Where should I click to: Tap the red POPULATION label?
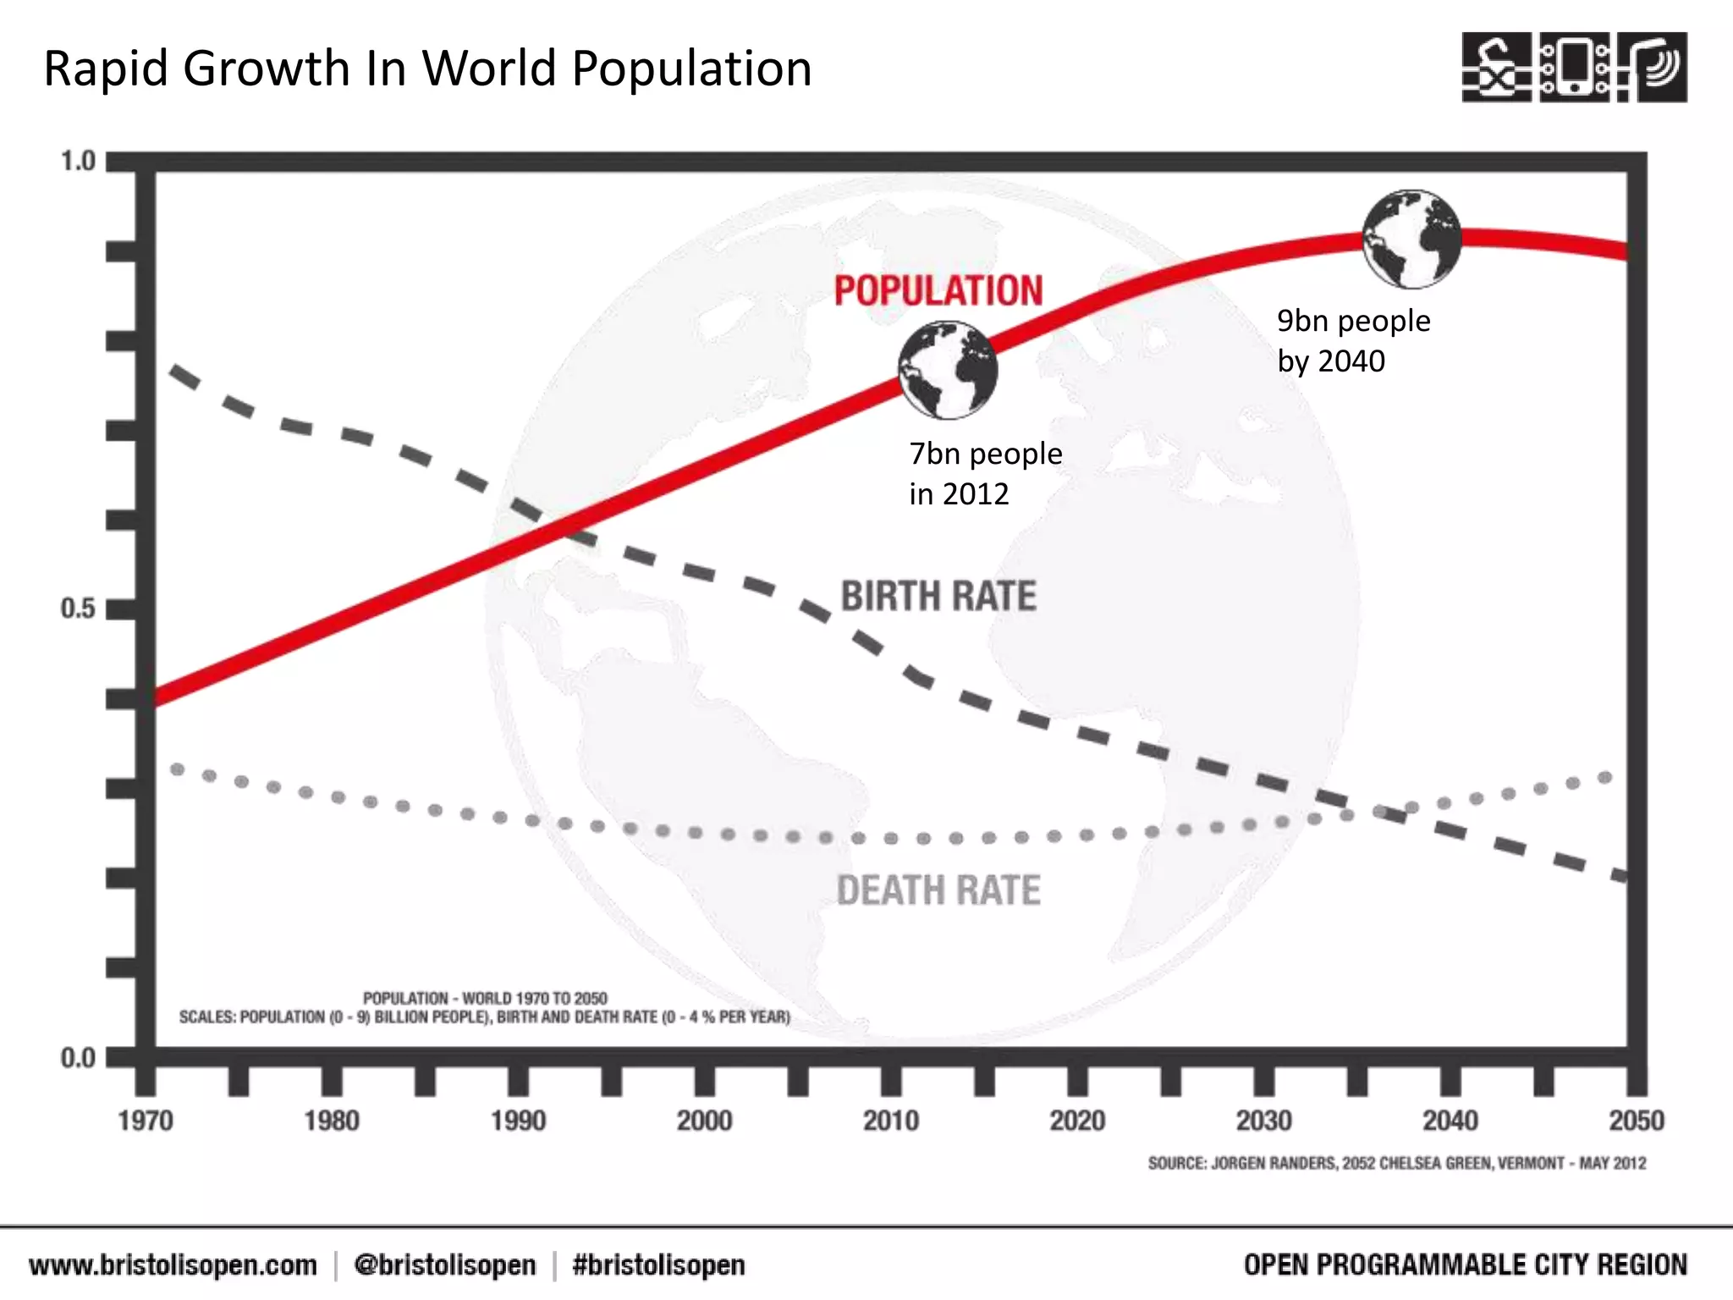click(x=938, y=290)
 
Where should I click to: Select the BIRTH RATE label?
click(x=938, y=596)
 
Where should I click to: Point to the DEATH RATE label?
click(x=938, y=890)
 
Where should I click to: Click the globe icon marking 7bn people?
click(x=948, y=370)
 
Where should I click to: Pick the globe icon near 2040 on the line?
click(x=1411, y=239)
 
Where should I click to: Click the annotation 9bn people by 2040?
click(x=1353, y=340)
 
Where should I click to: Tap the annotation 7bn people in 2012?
click(x=985, y=473)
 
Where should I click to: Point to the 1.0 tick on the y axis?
click(x=78, y=161)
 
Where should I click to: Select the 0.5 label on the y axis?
click(x=78, y=608)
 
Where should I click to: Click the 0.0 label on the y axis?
click(x=78, y=1058)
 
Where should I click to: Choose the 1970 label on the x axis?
click(x=146, y=1121)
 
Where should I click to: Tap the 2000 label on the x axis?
click(x=704, y=1121)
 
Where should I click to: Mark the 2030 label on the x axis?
click(x=1263, y=1121)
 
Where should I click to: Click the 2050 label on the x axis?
click(x=1636, y=1121)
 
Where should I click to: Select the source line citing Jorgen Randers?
click(x=1396, y=1163)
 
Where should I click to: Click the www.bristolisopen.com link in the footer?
click(x=173, y=1265)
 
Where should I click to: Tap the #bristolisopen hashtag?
click(x=658, y=1265)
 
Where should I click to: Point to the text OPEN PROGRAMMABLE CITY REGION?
click(x=1465, y=1265)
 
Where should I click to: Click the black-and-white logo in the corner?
click(x=1574, y=67)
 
